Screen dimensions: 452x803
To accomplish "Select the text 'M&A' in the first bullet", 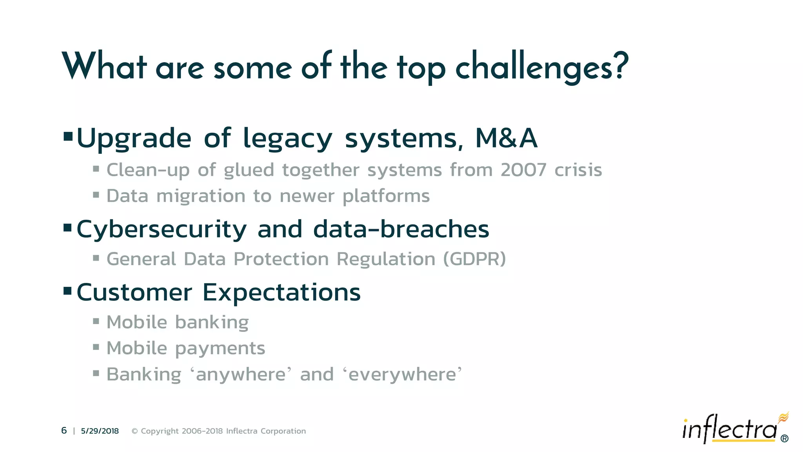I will click(x=506, y=139).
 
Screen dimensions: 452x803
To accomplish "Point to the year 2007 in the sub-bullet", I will click(x=523, y=170).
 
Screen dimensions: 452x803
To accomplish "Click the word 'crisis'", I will click(x=578, y=170).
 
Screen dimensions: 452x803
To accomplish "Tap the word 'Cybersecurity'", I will click(x=162, y=230).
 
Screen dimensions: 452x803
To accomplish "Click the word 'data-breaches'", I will click(x=401, y=229).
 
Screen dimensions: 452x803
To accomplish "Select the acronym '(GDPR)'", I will click(x=474, y=259).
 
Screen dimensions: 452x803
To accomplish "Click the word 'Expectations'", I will click(x=281, y=293).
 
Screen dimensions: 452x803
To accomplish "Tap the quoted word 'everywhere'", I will click(x=402, y=374).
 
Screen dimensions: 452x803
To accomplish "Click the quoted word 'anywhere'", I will click(x=241, y=374).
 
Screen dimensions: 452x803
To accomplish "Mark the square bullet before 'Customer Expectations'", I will click(x=67, y=291).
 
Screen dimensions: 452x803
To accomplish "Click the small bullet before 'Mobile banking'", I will click(x=96, y=321).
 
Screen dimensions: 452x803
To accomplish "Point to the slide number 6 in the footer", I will click(x=64, y=431).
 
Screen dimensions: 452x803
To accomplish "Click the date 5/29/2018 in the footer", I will click(x=100, y=431).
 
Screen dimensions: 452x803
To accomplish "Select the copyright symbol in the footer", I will click(x=134, y=431).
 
